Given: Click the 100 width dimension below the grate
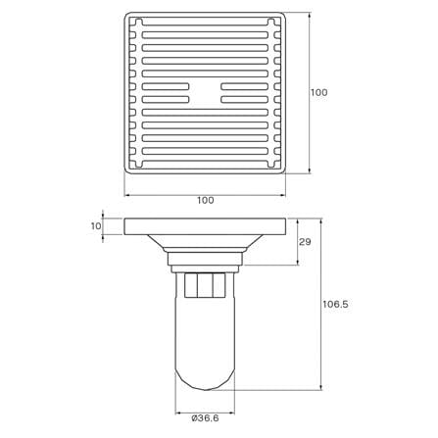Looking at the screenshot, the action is [x=206, y=200].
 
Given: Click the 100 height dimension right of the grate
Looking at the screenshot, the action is [x=318, y=92].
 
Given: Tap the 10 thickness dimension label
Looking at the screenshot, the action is [x=96, y=226].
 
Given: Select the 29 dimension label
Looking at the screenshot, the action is [x=305, y=242].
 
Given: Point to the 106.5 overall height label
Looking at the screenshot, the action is [x=336, y=305].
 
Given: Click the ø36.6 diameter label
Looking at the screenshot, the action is [x=205, y=418].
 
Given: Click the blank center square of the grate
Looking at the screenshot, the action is [x=205, y=93].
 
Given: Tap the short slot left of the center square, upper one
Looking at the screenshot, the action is [x=166, y=86].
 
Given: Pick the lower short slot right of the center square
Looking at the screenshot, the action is [x=245, y=99].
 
